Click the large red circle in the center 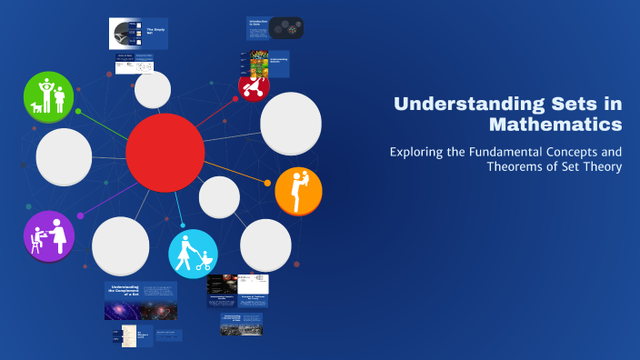tap(165, 153)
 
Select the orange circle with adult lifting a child tap(298, 191)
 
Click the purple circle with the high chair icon tap(49, 235)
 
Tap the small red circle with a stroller tap(253, 86)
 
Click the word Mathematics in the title tap(555, 123)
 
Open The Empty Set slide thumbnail tap(138, 34)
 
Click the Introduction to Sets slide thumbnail tap(275, 29)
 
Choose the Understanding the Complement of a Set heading tap(124, 291)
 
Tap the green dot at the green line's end tap(78, 111)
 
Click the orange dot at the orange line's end tap(267, 183)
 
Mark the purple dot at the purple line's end tap(81, 215)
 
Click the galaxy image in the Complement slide tap(140, 311)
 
